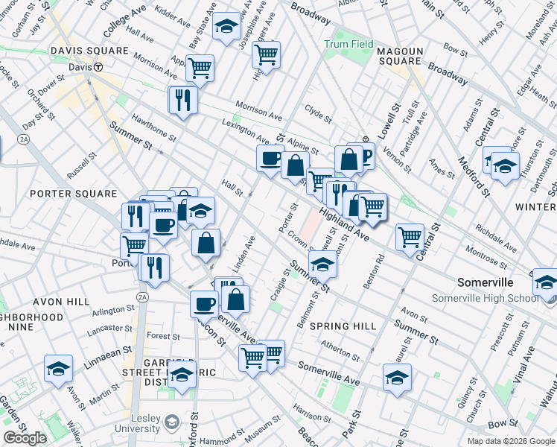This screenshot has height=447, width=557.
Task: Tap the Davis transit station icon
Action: pyautogui.click(x=98, y=66)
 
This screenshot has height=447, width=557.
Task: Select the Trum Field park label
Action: pyautogui.click(x=348, y=44)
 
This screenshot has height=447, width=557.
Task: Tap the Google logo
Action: pyautogui.click(x=25, y=437)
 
